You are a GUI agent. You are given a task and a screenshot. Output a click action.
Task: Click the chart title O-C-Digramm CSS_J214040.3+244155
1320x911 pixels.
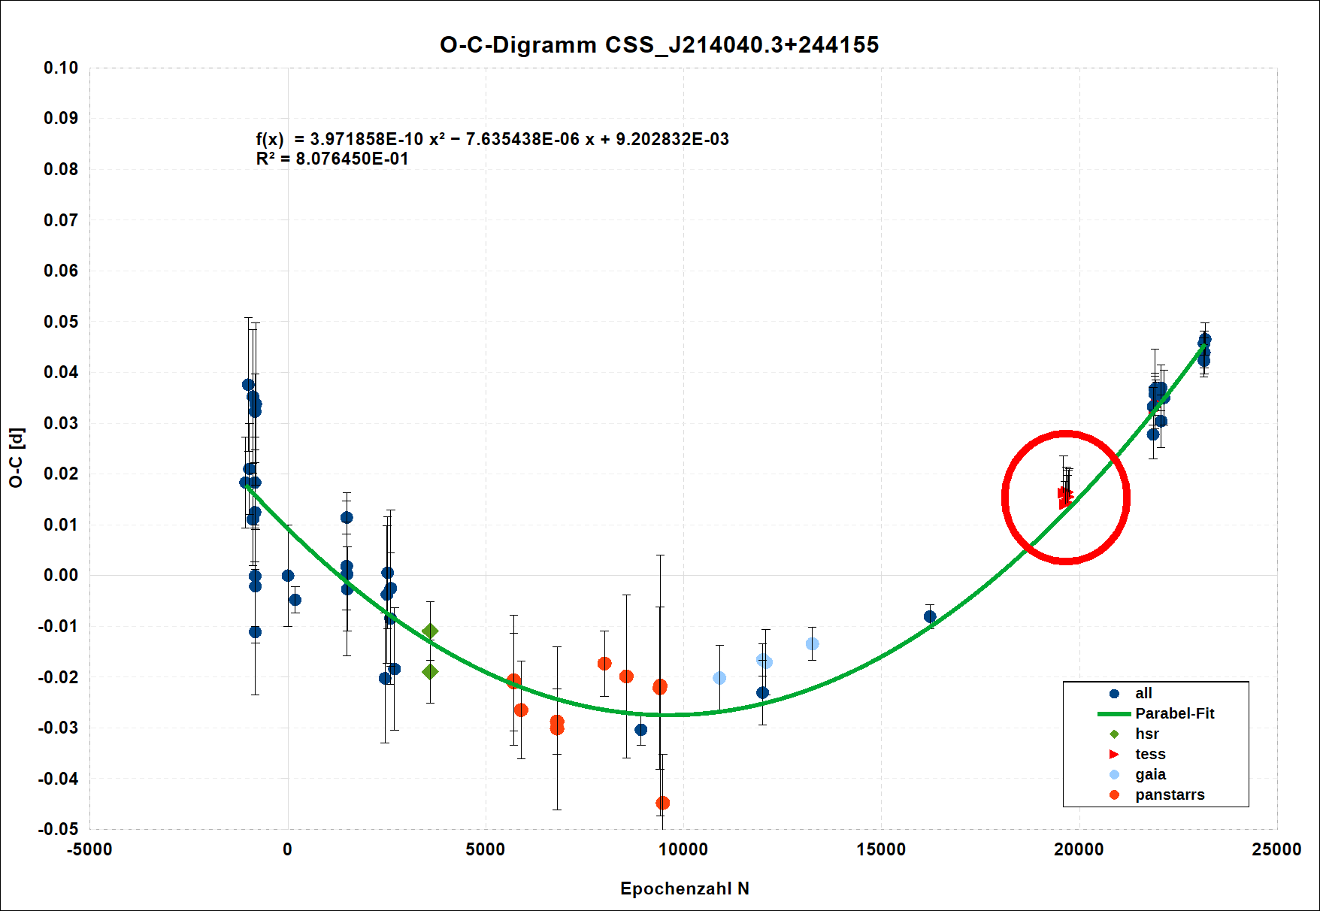(659, 45)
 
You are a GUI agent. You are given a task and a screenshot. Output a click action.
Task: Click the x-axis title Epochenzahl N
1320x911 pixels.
(684, 888)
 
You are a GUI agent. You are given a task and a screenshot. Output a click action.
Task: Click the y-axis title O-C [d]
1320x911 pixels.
(17, 458)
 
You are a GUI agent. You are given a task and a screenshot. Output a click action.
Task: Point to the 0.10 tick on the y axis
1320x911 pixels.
(61, 68)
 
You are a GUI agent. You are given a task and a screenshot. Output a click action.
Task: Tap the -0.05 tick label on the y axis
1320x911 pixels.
(59, 829)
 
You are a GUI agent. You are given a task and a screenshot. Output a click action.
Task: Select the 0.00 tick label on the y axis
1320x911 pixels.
(61, 575)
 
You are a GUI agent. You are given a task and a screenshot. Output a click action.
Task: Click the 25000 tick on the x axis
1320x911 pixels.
(1276, 849)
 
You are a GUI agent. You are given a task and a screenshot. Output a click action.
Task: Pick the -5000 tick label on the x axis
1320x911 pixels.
(89, 849)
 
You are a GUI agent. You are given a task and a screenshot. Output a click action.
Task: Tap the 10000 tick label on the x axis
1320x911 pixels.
(683, 849)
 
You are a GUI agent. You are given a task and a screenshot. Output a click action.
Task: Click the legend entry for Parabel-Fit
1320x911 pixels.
(1174, 713)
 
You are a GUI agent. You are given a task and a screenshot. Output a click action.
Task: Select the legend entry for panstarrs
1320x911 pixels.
(1170, 794)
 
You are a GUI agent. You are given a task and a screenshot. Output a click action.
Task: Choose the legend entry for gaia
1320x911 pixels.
(1150, 774)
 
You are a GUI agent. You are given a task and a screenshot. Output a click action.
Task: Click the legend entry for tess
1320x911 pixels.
(1150, 754)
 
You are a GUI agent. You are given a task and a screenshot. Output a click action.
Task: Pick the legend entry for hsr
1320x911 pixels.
(1146, 734)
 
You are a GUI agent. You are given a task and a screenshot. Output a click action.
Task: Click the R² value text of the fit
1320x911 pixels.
(332, 159)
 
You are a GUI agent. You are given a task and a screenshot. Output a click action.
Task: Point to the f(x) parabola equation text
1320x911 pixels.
(492, 139)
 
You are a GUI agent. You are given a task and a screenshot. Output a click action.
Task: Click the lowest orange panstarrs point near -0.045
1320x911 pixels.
(662, 803)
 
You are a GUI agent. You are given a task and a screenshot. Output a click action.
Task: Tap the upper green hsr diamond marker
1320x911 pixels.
(430, 631)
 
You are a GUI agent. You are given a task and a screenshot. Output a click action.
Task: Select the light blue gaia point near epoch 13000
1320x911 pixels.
(812, 644)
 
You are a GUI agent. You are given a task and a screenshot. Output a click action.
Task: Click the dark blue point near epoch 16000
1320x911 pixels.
(930, 616)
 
